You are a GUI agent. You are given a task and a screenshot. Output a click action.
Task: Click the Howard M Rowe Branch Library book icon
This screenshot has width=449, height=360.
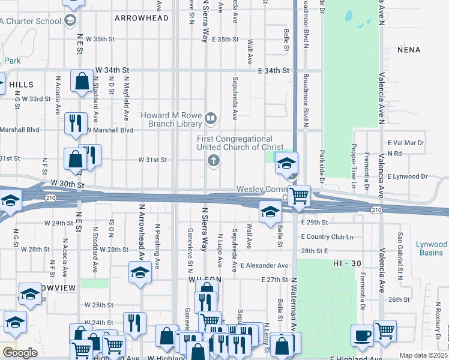pos(210,118)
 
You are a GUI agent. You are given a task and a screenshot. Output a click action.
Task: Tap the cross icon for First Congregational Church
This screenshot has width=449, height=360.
pos(212,160)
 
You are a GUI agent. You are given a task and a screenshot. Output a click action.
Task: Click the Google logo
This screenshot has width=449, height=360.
pos(19,353)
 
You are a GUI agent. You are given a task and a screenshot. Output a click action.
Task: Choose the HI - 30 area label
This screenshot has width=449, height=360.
pos(346,263)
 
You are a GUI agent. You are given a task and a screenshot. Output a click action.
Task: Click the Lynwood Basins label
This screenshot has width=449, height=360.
pos(431,248)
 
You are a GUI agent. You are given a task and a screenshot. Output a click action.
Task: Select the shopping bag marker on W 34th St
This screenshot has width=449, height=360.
pos(82,82)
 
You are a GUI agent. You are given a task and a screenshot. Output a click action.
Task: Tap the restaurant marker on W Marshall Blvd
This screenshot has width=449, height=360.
pos(76,123)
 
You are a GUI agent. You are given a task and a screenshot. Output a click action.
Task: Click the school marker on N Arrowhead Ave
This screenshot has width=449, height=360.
pos(140,273)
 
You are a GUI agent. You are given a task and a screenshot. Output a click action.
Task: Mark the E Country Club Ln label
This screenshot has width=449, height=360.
pos(328,236)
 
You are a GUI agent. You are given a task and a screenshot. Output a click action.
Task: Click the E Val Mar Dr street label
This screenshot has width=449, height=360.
pos(406,143)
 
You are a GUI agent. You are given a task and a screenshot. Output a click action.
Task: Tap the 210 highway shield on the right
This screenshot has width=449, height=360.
pos(376,209)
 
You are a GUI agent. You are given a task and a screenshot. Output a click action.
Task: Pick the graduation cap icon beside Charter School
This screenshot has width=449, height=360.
pos(70,22)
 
